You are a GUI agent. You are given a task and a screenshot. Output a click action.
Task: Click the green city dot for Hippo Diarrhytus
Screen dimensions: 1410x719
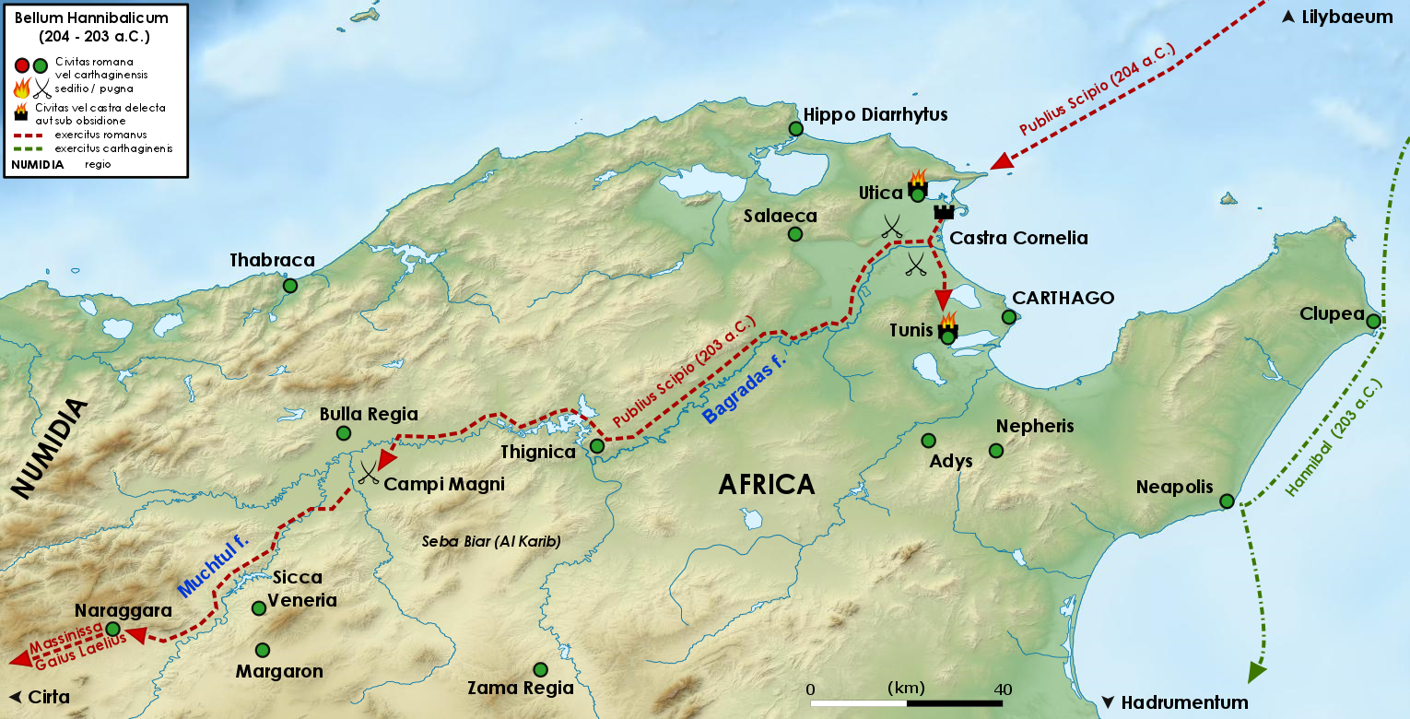(x=796, y=129)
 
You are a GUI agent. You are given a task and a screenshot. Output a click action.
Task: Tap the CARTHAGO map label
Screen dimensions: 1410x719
(x=1063, y=298)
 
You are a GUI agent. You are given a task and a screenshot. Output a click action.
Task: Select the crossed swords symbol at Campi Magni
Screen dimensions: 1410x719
(x=369, y=473)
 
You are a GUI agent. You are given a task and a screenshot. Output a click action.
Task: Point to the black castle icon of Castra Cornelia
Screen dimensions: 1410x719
(x=943, y=212)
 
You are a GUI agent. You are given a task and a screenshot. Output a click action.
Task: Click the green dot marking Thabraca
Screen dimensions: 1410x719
(x=290, y=286)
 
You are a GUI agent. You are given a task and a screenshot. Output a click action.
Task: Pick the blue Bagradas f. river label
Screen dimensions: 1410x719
(x=746, y=391)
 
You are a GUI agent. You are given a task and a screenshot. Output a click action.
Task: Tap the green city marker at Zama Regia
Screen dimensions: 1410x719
(x=541, y=669)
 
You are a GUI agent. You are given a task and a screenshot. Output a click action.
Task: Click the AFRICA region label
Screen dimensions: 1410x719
(x=766, y=484)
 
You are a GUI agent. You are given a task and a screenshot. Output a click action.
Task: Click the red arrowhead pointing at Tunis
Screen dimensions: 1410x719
(x=942, y=301)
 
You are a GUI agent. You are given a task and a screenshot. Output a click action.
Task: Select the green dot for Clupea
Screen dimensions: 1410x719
(x=1373, y=322)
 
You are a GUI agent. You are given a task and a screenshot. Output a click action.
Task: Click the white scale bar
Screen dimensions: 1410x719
(x=906, y=703)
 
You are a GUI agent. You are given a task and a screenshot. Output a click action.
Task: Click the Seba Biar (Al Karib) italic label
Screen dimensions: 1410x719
(x=491, y=541)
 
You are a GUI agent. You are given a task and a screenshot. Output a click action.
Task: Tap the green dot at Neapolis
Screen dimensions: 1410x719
(x=1227, y=501)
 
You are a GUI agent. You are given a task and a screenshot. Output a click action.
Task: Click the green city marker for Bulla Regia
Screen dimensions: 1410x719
(x=344, y=433)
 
